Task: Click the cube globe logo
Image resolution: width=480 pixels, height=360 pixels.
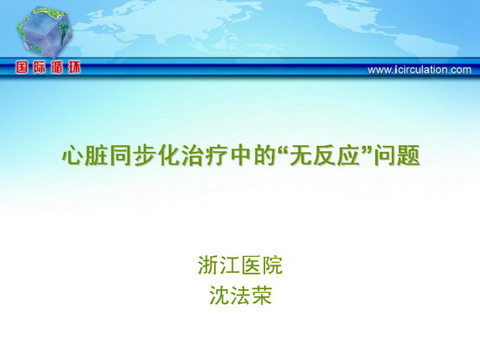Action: click(x=45, y=32)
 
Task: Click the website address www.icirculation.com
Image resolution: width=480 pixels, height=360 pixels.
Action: click(x=420, y=70)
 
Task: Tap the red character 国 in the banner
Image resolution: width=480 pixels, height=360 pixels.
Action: click(x=22, y=67)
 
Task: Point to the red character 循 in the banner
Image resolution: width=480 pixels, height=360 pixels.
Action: click(x=57, y=67)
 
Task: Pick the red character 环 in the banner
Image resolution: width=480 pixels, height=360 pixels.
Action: click(x=74, y=67)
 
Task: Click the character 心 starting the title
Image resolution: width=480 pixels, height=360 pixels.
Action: click(x=73, y=156)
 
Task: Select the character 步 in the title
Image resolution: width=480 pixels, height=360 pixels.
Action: click(x=144, y=156)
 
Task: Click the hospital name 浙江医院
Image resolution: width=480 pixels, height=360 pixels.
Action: click(x=240, y=266)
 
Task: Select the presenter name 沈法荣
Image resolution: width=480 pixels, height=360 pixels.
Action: click(x=240, y=295)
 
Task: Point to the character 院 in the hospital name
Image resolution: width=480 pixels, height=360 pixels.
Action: click(x=272, y=266)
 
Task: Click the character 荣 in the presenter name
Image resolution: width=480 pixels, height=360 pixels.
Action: click(x=261, y=295)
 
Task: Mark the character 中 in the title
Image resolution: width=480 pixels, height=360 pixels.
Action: click(x=240, y=156)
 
